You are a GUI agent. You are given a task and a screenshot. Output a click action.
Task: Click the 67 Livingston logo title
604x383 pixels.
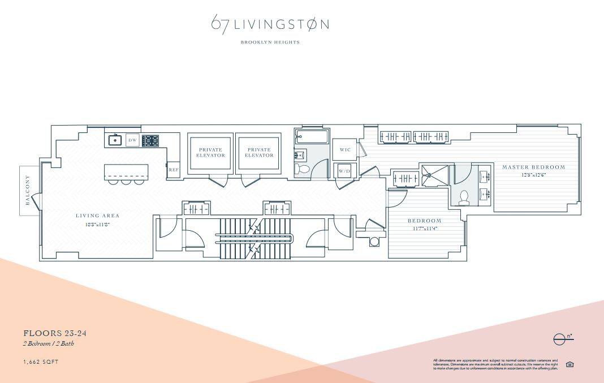270,24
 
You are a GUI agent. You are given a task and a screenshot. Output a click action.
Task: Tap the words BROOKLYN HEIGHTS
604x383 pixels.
270,42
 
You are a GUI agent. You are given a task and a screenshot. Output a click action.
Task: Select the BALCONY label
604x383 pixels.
27,191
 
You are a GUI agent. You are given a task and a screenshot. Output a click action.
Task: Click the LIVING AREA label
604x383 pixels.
98,216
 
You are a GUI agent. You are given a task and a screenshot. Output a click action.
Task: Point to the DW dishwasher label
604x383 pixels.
132,140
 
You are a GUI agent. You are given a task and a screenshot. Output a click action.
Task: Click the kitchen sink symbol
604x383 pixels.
115,140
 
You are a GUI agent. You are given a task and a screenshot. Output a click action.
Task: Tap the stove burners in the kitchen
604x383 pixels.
150,140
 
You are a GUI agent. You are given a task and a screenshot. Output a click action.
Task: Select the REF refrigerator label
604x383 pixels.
174,170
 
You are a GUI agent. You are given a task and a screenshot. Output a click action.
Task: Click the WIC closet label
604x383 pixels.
345,150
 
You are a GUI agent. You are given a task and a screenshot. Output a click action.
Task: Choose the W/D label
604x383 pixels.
344,171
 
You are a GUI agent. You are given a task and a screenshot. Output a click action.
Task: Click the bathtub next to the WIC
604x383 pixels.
312,136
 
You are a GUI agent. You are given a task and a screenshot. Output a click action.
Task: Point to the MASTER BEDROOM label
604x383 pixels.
533,167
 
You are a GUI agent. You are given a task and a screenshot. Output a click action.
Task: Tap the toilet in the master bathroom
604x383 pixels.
464,197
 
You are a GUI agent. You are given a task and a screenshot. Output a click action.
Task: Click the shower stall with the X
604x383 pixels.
434,175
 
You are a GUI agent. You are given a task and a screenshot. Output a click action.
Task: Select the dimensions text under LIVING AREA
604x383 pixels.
97,225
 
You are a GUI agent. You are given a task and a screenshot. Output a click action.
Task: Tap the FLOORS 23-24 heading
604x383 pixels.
55,333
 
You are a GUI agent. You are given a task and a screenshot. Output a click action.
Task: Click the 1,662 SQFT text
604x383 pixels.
41,362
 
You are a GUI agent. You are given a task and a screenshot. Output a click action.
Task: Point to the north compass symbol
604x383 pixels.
562,339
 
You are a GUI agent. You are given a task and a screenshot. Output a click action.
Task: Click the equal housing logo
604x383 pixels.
570,364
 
